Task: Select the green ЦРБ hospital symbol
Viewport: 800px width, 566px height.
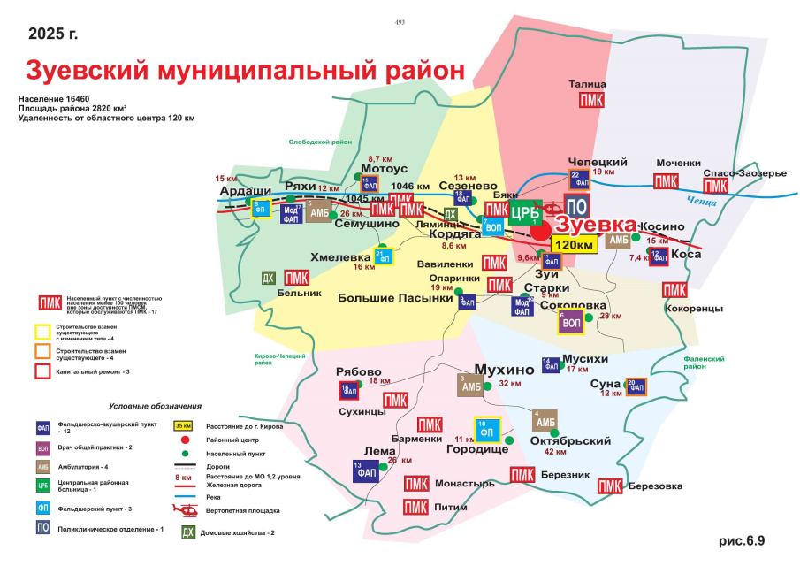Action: (526, 212)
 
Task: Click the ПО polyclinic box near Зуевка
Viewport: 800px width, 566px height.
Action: (576, 207)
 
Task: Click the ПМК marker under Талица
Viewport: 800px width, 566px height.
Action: (591, 100)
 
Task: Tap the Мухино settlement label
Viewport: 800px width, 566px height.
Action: (504, 369)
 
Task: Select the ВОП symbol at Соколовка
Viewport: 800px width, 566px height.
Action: (570, 321)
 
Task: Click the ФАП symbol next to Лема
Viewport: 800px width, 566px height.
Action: (365, 470)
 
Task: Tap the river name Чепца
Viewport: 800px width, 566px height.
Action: (720, 202)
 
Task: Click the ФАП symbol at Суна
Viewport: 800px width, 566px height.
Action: (636, 387)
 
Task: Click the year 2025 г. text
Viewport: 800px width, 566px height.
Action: (53, 34)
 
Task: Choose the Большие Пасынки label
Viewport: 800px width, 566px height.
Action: (395, 298)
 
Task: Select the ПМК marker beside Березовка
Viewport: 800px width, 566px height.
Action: (609, 486)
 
